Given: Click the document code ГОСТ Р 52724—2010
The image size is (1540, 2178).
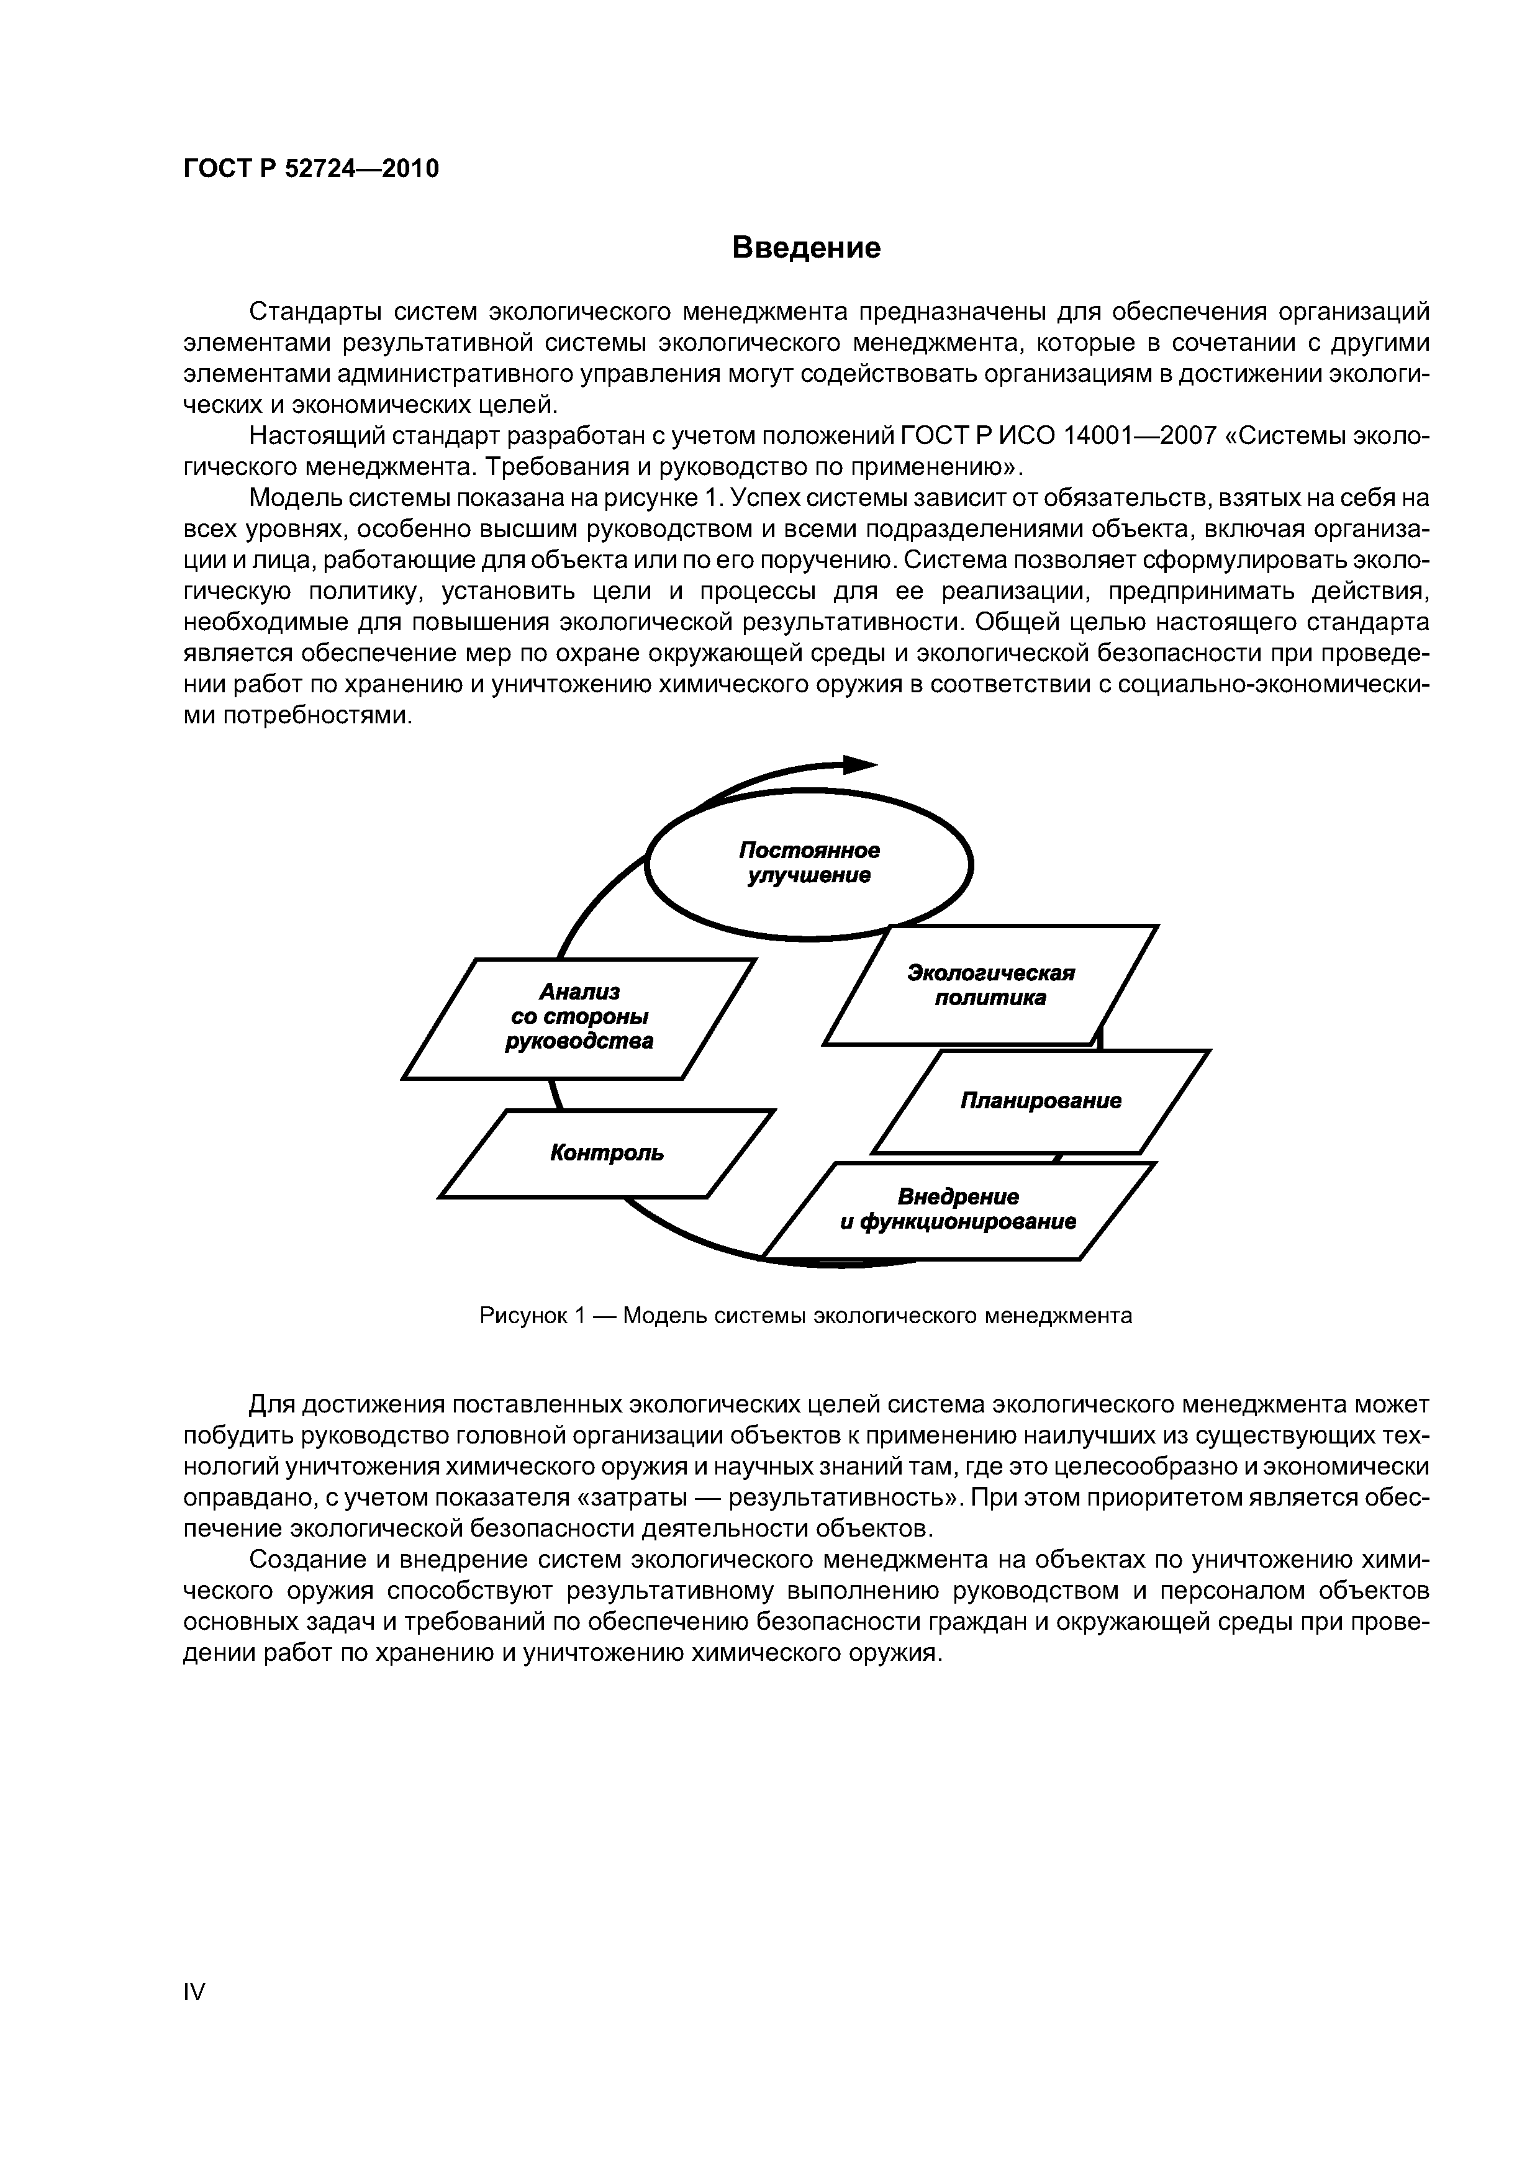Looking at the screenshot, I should coord(311,169).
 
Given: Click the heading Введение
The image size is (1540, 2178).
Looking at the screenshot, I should coord(807,248).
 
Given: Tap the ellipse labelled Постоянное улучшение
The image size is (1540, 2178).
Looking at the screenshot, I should coord(808,863).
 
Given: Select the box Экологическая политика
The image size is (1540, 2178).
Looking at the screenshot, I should coord(990,985).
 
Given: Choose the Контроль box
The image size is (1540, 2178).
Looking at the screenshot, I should coord(607,1154).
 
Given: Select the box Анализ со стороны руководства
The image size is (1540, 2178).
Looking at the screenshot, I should coord(579,1017).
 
